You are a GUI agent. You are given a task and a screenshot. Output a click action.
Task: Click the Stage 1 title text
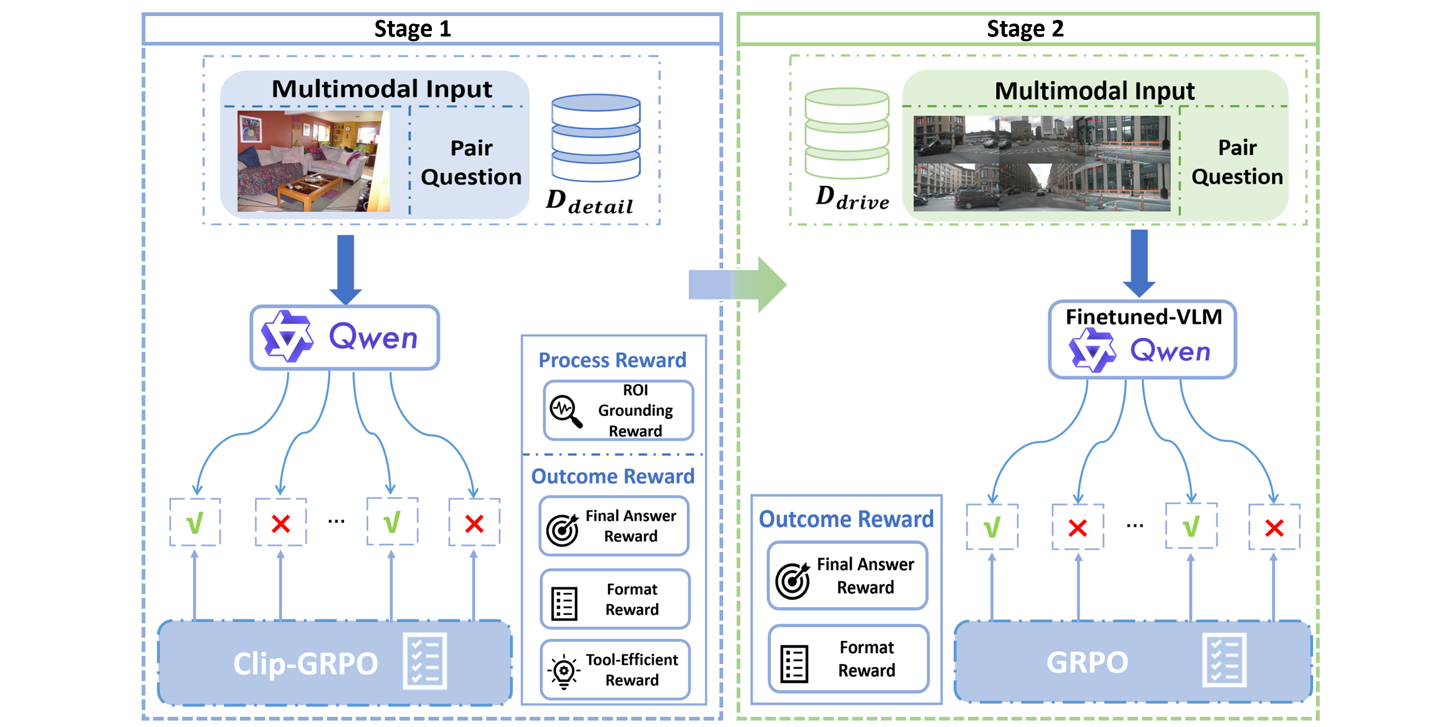413,29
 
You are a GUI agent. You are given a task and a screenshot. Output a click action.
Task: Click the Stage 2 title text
1025,29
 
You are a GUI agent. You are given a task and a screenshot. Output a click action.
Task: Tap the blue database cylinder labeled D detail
595,138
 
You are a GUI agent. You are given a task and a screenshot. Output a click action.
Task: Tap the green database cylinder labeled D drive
847,133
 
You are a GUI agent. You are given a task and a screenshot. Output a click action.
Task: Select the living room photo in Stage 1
313,161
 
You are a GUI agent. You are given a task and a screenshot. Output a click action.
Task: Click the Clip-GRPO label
305,663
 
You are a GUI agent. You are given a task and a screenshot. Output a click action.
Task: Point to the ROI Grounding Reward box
619,411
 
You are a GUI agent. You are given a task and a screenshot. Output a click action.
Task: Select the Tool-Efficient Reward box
615,670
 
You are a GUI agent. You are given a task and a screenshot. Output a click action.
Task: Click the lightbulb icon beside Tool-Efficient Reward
563,672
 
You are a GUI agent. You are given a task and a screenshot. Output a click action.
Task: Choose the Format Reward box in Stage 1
615,599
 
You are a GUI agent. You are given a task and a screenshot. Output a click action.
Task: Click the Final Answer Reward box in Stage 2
847,576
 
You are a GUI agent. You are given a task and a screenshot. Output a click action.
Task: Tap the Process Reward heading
612,360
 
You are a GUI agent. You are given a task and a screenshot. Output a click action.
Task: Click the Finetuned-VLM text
1143,317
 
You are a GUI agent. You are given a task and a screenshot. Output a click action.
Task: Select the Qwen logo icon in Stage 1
287,337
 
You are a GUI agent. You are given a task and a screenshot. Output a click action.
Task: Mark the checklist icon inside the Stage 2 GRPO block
1224,662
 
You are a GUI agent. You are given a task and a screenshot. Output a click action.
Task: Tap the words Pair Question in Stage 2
1237,162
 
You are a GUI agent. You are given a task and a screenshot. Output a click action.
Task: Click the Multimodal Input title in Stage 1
381,89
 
